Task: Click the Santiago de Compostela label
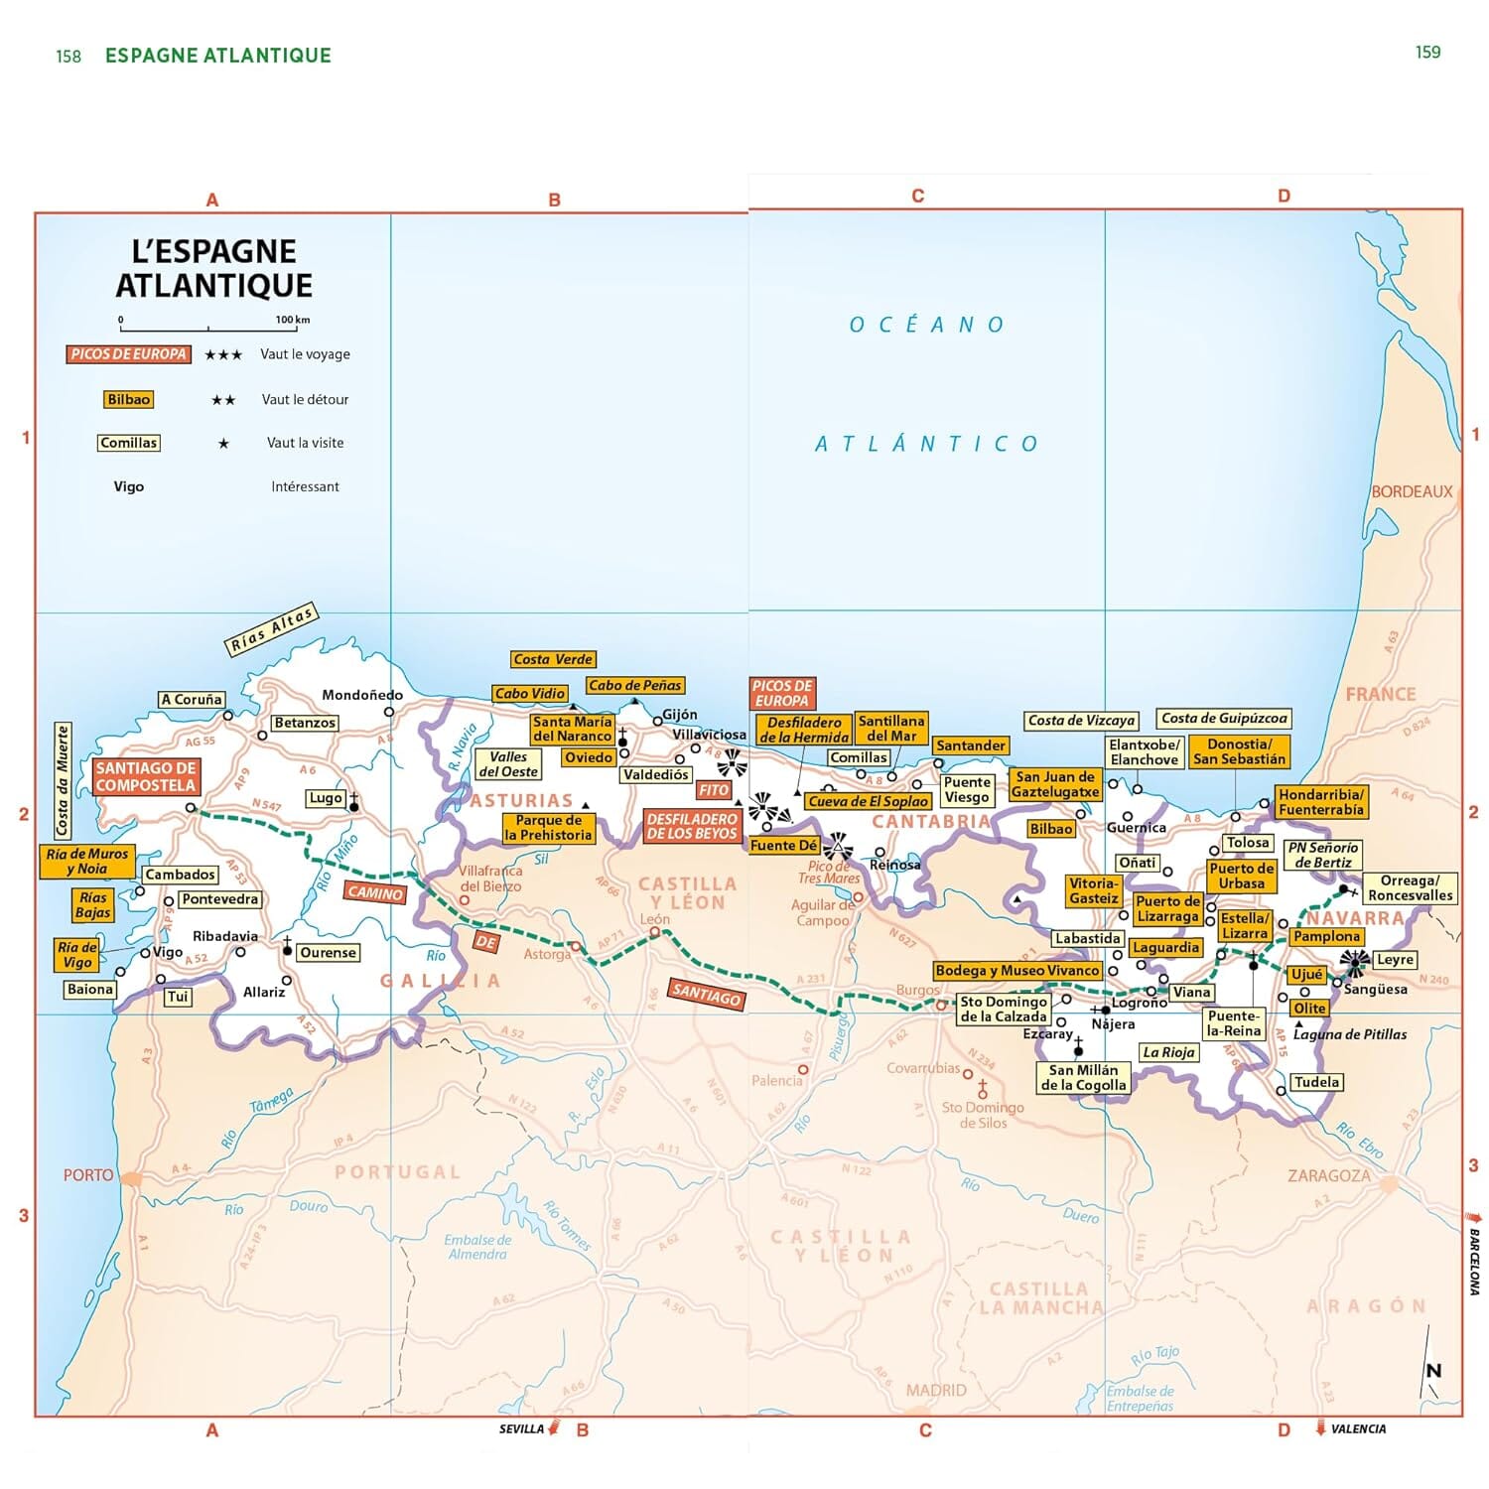(146, 776)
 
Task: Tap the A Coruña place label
(192, 700)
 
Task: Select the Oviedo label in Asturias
(589, 757)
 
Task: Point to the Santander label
(970, 745)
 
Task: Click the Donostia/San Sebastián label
(1238, 751)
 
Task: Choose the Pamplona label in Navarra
(1326, 936)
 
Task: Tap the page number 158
(68, 57)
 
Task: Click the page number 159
(1427, 53)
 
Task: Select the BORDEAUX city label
(1411, 491)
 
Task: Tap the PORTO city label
(88, 1175)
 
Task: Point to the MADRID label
(935, 1390)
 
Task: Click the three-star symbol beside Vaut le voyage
(223, 354)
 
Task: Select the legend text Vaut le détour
(305, 399)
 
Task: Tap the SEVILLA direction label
(521, 1429)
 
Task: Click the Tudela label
(1316, 1082)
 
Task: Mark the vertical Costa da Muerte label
(63, 780)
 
